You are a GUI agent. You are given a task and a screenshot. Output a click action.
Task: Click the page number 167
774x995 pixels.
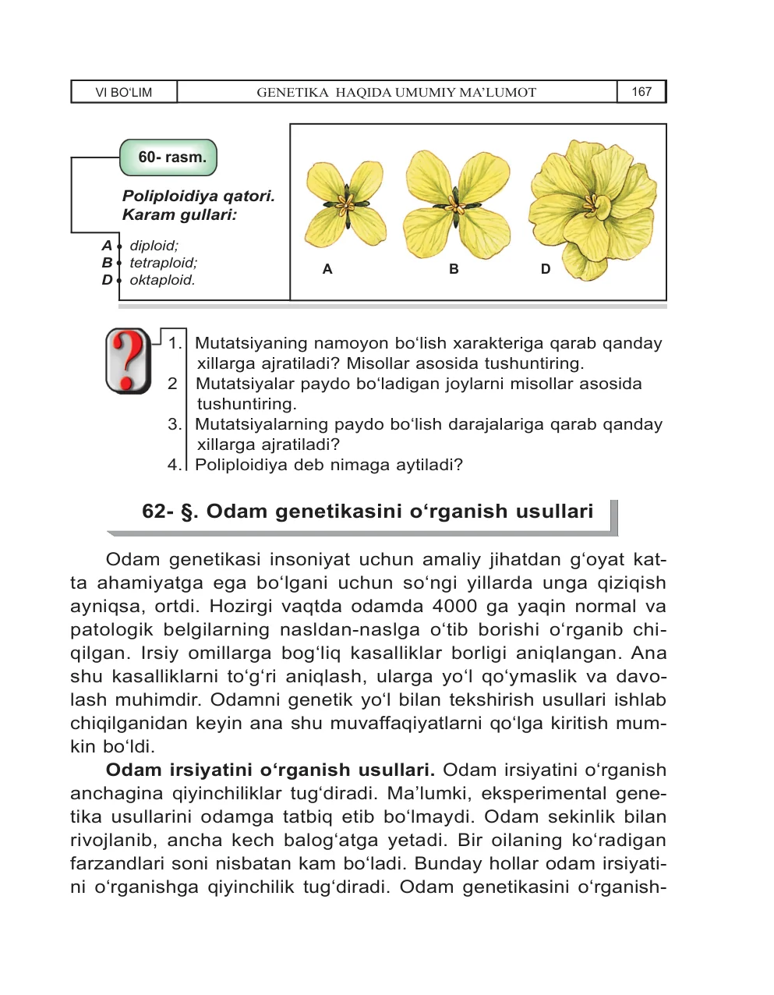click(x=641, y=92)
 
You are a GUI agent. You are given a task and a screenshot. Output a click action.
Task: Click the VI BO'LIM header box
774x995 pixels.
click(x=124, y=92)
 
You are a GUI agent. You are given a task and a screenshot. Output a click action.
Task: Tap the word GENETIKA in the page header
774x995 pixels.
click(x=292, y=92)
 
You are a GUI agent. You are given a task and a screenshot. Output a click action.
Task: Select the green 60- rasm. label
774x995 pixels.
click(x=169, y=158)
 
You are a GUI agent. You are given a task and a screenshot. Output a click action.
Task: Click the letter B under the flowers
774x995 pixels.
click(x=454, y=269)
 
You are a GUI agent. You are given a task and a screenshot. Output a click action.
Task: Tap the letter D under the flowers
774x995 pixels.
click(x=545, y=269)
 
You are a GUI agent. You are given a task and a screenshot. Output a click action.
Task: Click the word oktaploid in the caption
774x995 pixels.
click(x=162, y=280)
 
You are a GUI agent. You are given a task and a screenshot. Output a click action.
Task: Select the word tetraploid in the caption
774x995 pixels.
click(x=163, y=263)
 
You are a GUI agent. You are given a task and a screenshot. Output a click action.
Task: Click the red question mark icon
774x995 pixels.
click(x=129, y=360)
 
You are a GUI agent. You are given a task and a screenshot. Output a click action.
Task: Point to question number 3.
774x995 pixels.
click(x=175, y=424)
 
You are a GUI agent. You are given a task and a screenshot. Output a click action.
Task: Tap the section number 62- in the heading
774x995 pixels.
click(x=159, y=512)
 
